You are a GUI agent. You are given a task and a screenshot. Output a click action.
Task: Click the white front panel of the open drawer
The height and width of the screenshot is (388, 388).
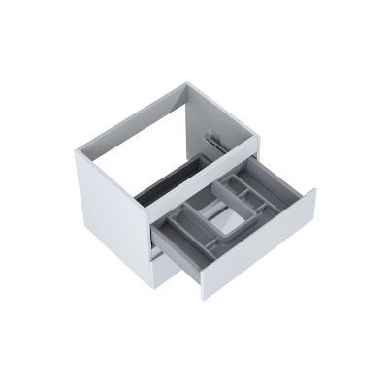[x=257, y=242]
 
